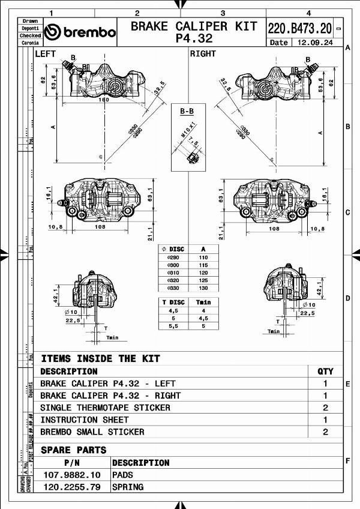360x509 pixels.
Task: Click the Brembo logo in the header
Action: (x=80, y=32)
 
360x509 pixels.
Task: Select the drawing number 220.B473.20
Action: (x=299, y=28)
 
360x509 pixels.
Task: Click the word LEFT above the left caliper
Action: (x=46, y=54)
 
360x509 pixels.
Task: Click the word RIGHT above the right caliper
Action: (x=203, y=54)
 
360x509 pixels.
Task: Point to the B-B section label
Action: (x=187, y=111)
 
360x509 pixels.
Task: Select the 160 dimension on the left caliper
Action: (x=104, y=99)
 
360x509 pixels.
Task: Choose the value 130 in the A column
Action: (x=203, y=288)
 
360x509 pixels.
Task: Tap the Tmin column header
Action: (x=203, y=302)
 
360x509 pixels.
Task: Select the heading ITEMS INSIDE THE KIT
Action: (x=100, y=358)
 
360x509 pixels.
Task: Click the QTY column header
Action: (x=325, y=372)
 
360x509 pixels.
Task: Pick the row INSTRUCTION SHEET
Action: (x=84, y=420)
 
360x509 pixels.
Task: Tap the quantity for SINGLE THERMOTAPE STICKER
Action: (x=325, y=408)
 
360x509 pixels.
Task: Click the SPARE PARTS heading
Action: (x=73, y=450)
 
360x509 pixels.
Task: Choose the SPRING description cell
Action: (x=128, y=487)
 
